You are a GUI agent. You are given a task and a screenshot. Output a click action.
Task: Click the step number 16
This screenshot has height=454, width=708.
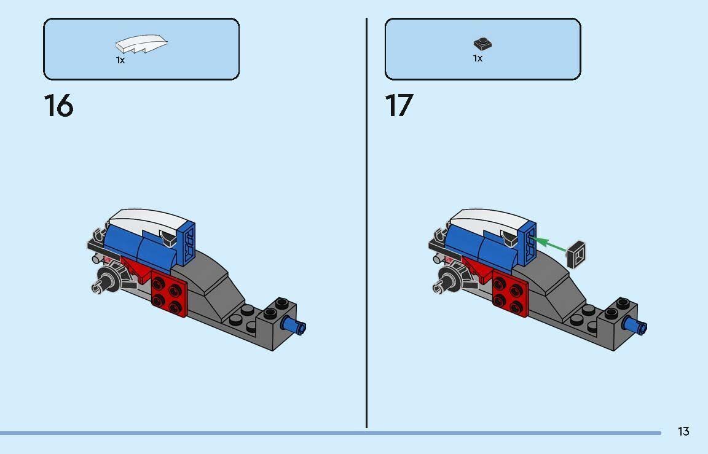coord(58,106)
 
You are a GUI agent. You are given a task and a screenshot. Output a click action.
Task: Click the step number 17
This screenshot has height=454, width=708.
coord(399,106)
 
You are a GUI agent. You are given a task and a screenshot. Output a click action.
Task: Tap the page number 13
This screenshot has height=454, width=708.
coord(683,431)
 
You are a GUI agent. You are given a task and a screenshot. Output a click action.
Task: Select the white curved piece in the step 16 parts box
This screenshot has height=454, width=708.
coord(141,45)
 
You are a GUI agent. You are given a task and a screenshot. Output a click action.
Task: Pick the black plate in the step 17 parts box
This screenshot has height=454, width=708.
coord(483,44)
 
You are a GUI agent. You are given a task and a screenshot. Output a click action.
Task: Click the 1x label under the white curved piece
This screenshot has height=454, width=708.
coord(120,60)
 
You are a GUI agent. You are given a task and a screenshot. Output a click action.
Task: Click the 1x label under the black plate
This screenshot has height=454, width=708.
coord(478,58)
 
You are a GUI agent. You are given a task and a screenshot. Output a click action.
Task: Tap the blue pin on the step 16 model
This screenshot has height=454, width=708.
coord(296,326)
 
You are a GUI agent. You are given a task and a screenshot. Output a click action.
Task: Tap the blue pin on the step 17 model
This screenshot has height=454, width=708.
coord(636,326)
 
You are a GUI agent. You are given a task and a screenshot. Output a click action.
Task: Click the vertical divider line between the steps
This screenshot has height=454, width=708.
coord(367,221)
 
